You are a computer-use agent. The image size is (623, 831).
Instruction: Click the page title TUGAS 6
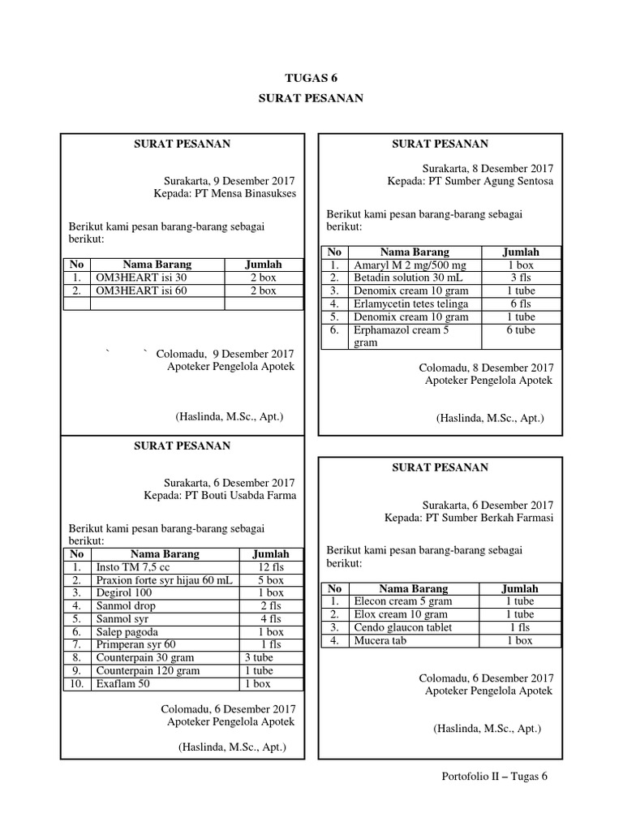click(311, 78)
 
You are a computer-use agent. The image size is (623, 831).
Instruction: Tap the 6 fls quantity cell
click(520, 304)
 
